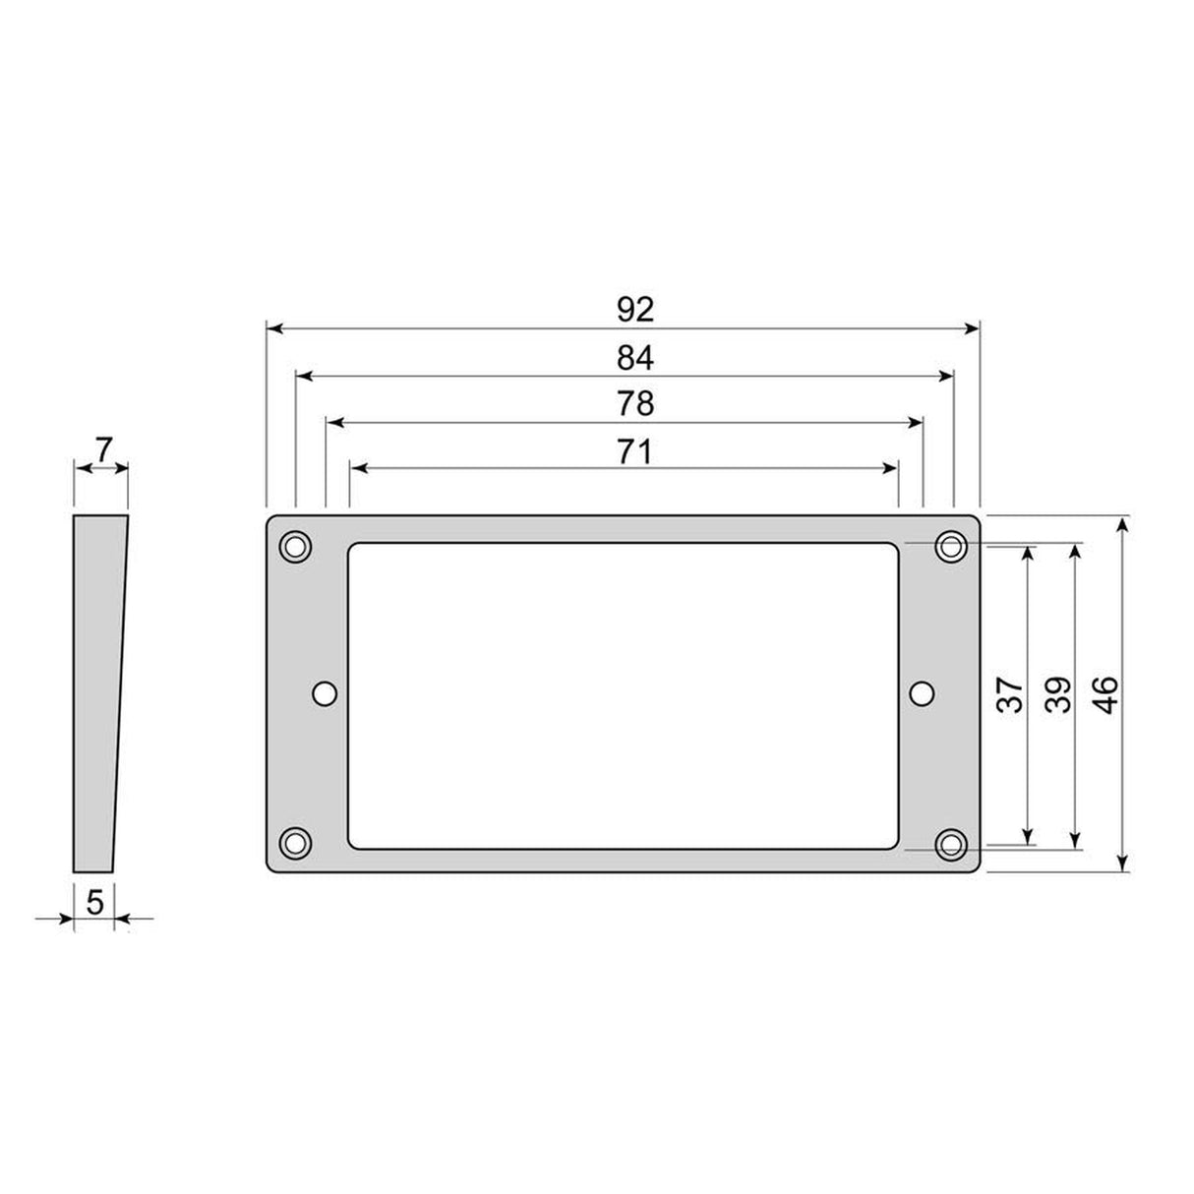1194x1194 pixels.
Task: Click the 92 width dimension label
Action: click(x=635, y=310)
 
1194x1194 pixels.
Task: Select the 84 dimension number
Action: click(x=635, y=358)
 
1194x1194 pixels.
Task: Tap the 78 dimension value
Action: click(x=635, y=404)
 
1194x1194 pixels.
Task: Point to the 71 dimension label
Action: click(x=635, y=451)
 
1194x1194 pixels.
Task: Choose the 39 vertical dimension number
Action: click(x=1056, y=695)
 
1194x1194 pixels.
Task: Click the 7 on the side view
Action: click(x=102, y=448)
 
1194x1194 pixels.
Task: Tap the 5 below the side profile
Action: click(x=94, y=902)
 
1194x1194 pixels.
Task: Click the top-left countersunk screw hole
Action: click(x=295, y=546)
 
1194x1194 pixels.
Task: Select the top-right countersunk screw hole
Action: click(x=951, y=546)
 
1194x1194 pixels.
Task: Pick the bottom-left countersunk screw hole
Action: click(x=295, y=842)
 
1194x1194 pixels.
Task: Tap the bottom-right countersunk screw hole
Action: click(x=951, y=842)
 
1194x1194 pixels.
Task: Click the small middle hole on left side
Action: click(x=325, y=693)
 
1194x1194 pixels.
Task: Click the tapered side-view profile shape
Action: click(x=98, y=693)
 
